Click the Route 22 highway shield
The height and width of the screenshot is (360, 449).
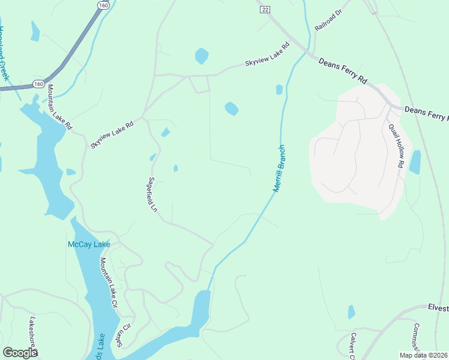pyautogui.click(x=265, y=9)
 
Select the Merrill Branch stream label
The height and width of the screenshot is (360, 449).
pyautogui.click(x=279, y=169)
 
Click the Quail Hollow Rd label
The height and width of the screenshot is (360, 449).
pyautogui.click(x=396, y=145)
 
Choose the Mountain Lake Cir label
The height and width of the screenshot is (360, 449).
pyautogui.click(x=109, y=283)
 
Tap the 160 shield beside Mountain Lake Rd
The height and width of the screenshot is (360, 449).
pyautogui.click(x=38, y=83)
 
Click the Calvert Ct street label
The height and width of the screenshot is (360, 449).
pyautogui.click(x=353, y=344)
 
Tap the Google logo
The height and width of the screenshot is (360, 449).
pyautogui.click(x=20, y=353)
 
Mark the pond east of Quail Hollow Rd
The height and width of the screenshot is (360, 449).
pyautogui.click(x=414, y=162)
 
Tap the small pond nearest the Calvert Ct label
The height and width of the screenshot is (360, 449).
pyautogui.click(x=351, y=312)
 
